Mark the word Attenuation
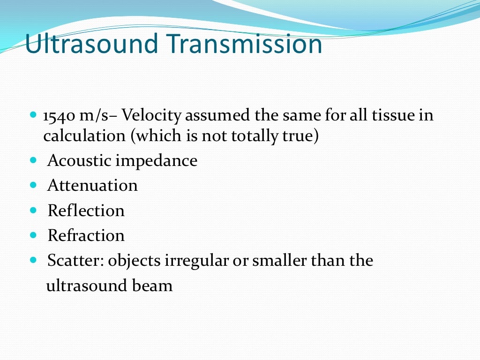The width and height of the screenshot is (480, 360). [92, 186]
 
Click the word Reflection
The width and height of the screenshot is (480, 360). [86, 210]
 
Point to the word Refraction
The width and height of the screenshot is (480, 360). [86, 235]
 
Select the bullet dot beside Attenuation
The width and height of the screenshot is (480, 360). [33, 185]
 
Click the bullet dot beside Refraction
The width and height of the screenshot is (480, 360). [33, 235]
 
